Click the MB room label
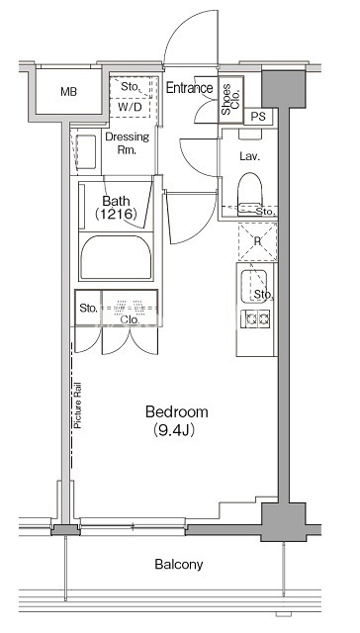click(x=68, y=92)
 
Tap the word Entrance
click(x=189, y=88)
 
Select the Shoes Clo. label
click(x=230, y=99)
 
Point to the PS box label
click(x=258, y=117)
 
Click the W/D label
click(x=130, y=108)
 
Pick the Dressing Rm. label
click(x=127, y=143)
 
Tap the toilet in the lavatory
click(x=250, y=193)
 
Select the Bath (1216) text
click(x=117, y=207)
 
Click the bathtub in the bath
click(x=116, y=256)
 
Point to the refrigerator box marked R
click(x=257, y=241)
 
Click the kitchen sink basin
click(x=254, y=286)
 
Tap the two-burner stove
click(x=255, y=318)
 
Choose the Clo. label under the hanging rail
click(x=130, y=320)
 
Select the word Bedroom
click(x=177, y=412)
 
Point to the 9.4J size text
click(x=174, y=431)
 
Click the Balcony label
click(x=179, y=564)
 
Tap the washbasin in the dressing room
click(x=86, y=151)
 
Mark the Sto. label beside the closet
click(x=88, y=309)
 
